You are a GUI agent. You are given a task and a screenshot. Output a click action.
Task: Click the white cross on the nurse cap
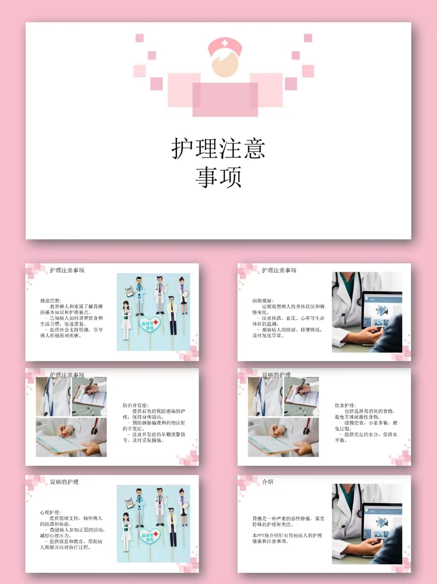225,43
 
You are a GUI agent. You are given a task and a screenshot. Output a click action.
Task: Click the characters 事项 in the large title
218,177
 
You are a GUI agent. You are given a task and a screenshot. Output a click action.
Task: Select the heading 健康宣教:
51,301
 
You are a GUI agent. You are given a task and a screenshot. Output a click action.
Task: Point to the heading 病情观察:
263,301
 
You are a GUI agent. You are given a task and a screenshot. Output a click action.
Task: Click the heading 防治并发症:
135,405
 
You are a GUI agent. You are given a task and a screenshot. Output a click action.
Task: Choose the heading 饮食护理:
345,405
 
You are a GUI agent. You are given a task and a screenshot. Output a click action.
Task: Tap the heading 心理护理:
50,513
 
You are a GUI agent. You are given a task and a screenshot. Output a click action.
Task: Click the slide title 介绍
267,482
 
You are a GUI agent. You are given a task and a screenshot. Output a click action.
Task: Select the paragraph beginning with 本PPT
287,538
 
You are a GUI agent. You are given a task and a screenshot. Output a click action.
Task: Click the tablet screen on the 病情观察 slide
382,311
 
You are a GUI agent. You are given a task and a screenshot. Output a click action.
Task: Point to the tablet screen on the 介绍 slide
382,523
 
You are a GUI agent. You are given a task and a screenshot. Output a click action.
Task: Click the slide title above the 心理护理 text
64,482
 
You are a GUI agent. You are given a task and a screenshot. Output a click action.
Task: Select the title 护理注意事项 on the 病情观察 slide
279,270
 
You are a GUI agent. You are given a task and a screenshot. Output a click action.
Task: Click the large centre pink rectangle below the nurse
225,100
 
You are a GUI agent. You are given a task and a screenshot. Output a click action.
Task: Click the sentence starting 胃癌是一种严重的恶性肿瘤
288,521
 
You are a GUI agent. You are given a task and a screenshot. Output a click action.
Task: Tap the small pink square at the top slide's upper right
308,38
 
